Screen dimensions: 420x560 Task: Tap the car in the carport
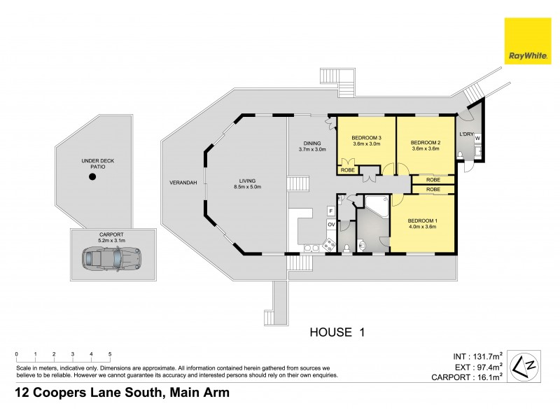[x=111, y=258]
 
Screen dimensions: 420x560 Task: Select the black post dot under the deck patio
[x=92, y=177]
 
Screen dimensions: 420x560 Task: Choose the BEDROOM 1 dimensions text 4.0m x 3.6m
[x=422, y=226]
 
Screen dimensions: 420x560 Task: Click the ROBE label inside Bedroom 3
[x=347, y=169]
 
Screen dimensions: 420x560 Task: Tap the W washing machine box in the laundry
[x=477, y=139]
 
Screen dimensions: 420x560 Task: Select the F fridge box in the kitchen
[x=330, y=210]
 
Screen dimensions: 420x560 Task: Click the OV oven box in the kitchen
[x=330, y=225]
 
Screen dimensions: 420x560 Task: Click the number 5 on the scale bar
[x=110, y=354]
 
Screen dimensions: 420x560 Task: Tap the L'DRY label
[x=467, y=133]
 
